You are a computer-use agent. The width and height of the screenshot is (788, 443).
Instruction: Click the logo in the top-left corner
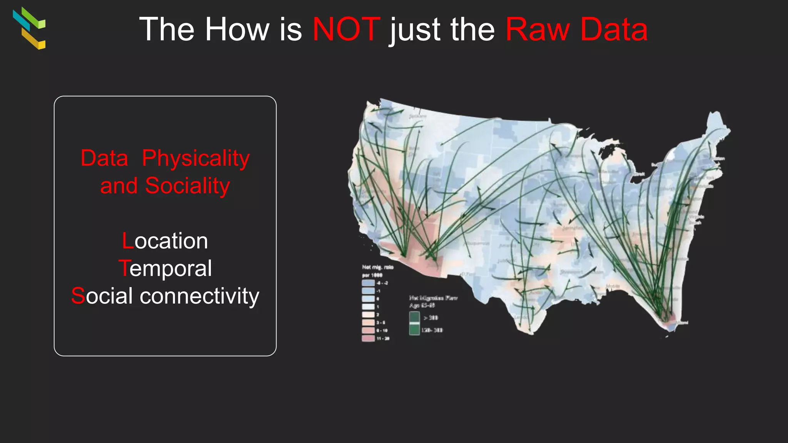29,28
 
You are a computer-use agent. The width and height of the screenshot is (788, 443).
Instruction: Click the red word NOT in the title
346,29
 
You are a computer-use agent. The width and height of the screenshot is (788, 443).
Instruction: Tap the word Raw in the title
538,29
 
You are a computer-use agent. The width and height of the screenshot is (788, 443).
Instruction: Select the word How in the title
237,29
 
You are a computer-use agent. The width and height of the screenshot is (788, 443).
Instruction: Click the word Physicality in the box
196,158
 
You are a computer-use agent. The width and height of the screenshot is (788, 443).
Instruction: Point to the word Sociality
187,186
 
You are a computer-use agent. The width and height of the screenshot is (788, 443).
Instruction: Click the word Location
165,241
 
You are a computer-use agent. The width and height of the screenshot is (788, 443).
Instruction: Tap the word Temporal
165,268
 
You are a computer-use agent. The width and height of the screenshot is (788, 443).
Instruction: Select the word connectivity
199,296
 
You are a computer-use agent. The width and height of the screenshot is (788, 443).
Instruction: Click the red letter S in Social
78,296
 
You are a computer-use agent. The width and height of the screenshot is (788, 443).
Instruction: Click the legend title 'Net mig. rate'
377,267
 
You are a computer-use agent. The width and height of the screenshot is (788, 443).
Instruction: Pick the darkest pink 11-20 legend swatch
368,338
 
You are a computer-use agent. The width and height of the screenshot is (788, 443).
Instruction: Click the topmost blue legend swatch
368,283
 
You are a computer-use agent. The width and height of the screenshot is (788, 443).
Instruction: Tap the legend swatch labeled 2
368,315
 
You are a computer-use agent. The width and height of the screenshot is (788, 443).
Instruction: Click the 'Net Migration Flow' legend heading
433,298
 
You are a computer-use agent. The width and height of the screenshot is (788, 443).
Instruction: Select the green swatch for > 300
414,317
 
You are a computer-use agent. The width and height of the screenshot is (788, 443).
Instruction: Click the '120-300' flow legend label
432,330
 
